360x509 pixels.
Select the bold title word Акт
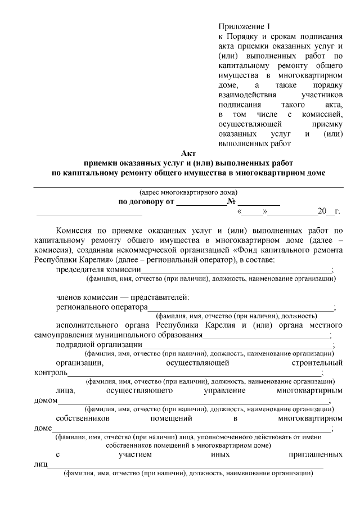point(188,153)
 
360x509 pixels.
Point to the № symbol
point(231,202)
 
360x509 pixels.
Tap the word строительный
point(316,363)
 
